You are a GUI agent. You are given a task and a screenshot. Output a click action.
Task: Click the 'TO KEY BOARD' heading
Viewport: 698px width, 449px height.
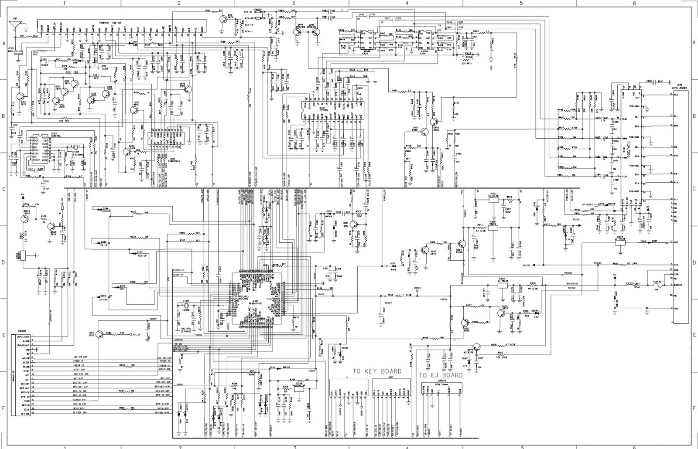(x=377, y=371)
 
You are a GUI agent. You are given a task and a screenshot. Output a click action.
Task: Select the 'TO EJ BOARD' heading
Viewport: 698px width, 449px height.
(x=441, y=375)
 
